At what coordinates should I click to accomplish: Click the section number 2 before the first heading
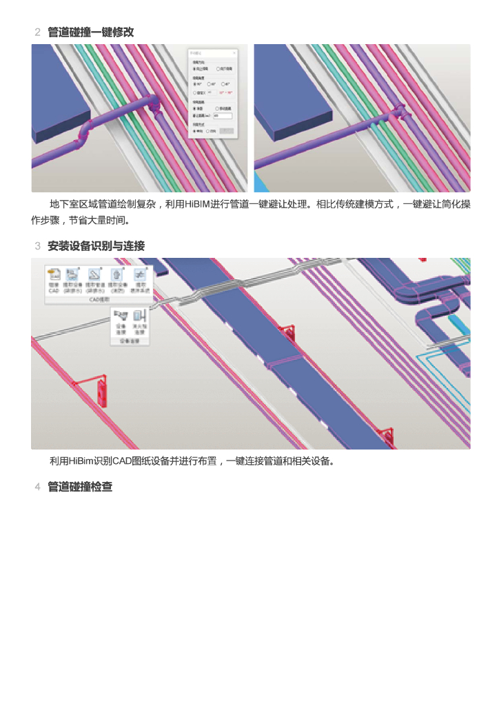[x=37, y=32]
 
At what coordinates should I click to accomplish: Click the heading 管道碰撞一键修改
[x=90, y=32]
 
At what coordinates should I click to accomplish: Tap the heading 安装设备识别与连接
[x=96, y=246]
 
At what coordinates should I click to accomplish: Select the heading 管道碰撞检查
[x=80, y=487]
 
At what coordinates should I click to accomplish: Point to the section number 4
[x=37, y=487]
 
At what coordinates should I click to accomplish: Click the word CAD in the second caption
[x=121, y=461]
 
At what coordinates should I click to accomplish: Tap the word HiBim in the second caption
[x=81, y=461]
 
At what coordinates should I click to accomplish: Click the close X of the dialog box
[x=234, y=53]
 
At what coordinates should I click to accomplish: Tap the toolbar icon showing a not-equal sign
[x=141, y=274]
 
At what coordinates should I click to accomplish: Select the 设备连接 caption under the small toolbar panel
[x=130, y=341]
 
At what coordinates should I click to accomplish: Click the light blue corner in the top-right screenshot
[x=259, y=183]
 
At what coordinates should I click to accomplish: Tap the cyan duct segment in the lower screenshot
[x=456, y=323]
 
